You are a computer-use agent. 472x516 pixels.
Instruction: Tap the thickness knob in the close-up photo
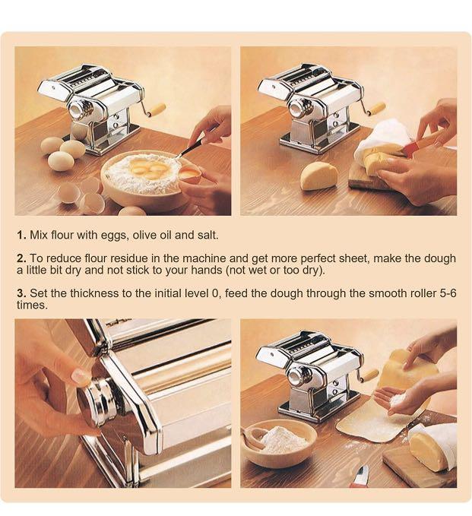tap(96, 398)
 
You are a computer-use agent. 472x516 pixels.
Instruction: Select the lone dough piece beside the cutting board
tap(318, 176)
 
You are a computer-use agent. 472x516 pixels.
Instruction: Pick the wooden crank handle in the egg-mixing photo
tap(157, 110)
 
